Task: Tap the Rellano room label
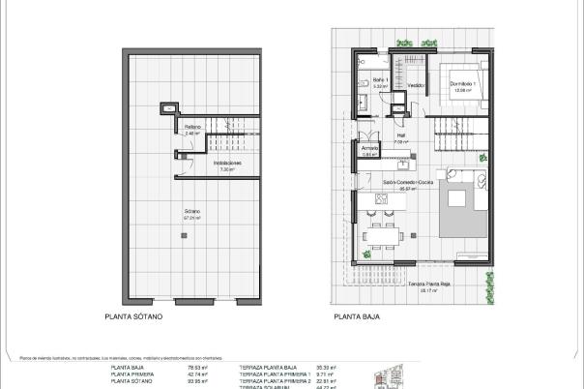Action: pyautogui.click(x=192, y=129)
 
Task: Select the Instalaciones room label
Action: pyautogui.click(x=227, y=165)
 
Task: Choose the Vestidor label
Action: pyautogui.click(x=417, y=84)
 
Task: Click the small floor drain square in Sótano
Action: pyautogui.click(x=172, y=109)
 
